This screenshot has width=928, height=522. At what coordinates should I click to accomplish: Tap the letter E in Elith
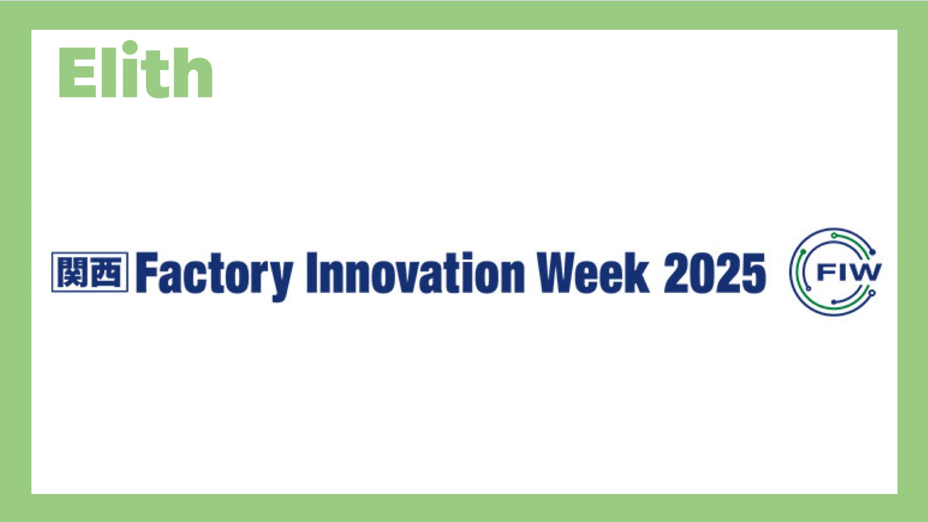(76, 73)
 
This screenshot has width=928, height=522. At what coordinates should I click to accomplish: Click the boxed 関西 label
(90, 272)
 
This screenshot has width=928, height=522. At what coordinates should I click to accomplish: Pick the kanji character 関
(71, 272)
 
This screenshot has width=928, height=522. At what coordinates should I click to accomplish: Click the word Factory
(214, 275)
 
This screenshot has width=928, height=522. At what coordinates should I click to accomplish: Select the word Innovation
(415, 272)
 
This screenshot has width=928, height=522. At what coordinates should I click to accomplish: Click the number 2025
(715, 273)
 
